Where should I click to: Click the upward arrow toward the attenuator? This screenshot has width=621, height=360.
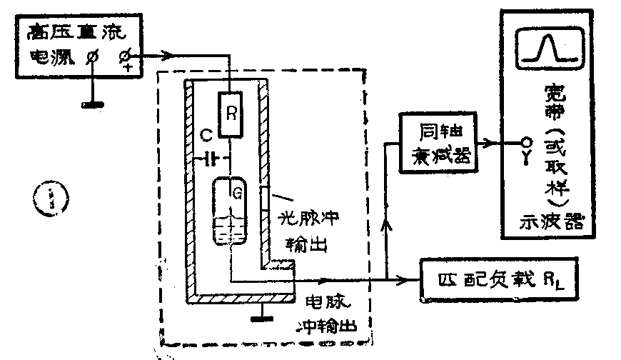pyautogui.click(x=388, y=226)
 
